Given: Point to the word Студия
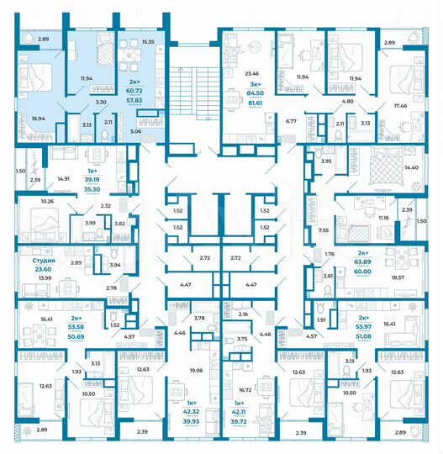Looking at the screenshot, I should [x=44, y=261].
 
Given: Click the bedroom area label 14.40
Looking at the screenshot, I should [x=411, y=168].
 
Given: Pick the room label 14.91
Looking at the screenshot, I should [x=63, y=178].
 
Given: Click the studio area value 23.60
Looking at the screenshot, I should [x=44, y=269].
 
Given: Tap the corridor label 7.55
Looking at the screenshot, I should [x=322, y=229].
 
